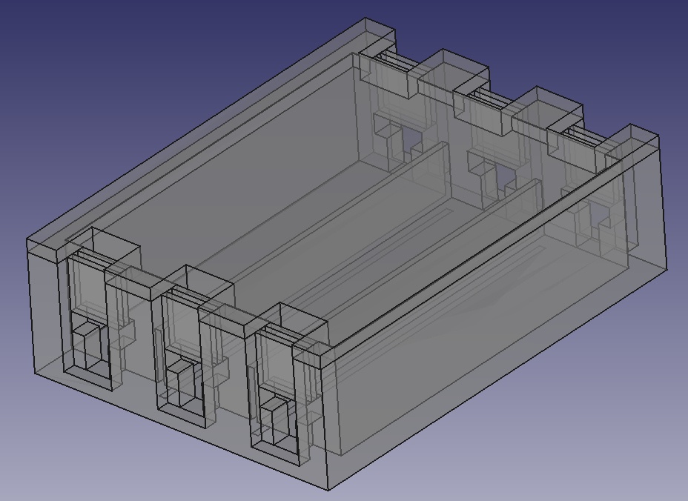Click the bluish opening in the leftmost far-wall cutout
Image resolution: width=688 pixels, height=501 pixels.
(x=410, y=139)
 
